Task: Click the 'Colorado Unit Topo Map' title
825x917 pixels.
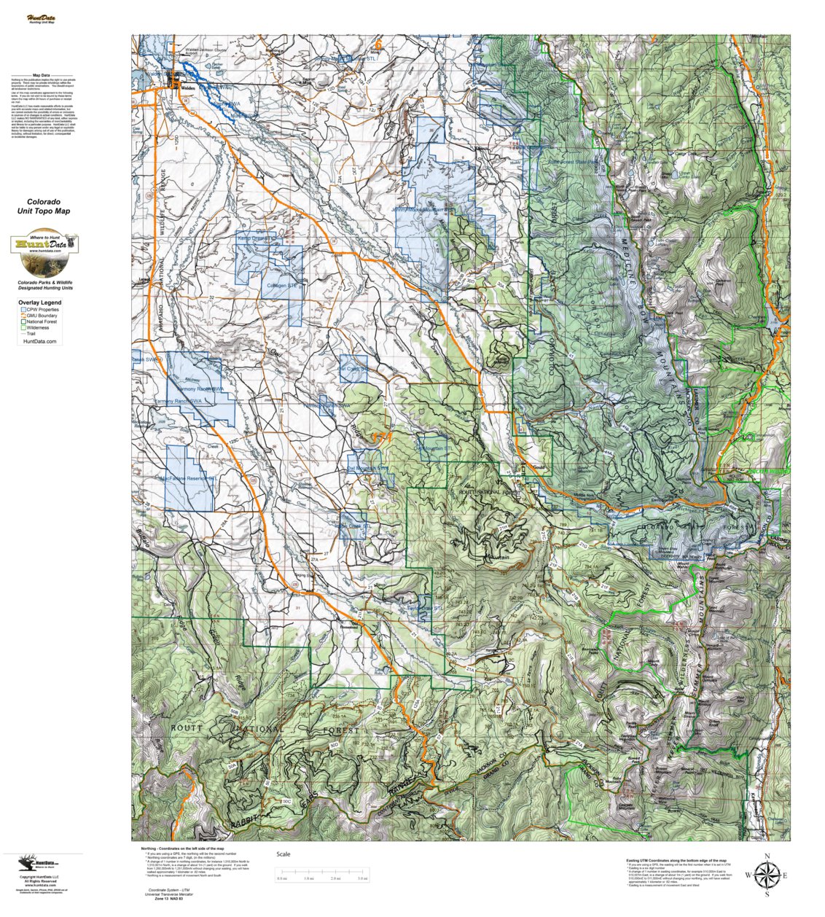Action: [44, 206]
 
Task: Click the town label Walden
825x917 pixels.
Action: [188, 87]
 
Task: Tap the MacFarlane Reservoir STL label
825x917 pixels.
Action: [187, 479]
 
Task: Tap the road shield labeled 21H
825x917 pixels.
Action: [502, 526]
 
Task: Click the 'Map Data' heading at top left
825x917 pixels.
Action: [42, 75]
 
